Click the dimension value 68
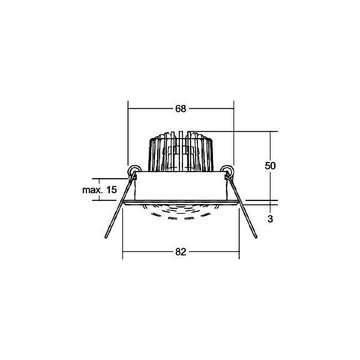point(180,108)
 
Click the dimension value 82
point(180,252)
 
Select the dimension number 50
point(270,165)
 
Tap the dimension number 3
point(270,219)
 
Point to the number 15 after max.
point(112,190)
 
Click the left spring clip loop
point(133,170)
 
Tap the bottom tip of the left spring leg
point(106,237)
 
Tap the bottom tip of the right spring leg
point(256,237)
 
